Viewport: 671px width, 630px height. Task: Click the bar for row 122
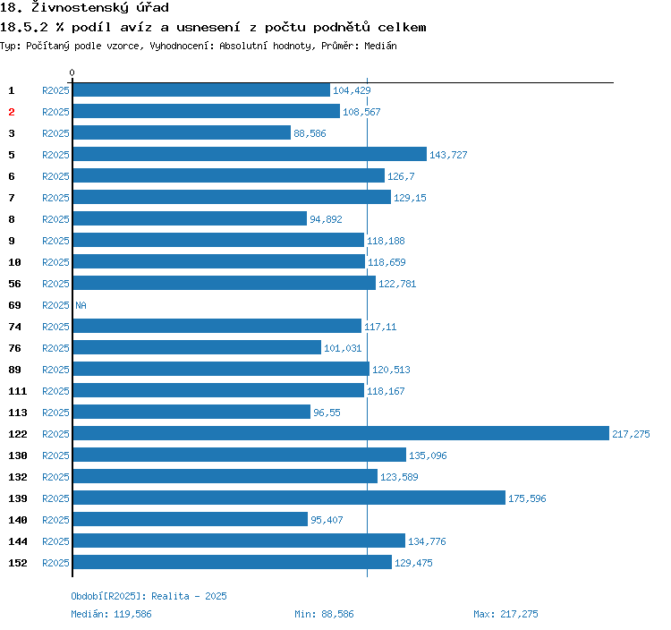click(340, 434)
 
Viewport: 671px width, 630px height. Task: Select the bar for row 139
click(288, 498)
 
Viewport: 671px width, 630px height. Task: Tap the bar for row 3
click(181, 133)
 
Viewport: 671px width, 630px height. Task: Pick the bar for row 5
click(249, 155)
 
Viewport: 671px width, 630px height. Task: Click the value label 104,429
click(352, 90)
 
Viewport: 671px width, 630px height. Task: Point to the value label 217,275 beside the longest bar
click(631, 434)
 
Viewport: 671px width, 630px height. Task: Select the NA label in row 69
click(81, 305)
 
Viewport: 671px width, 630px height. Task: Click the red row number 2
click(12, 112)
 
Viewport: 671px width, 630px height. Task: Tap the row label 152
click(18, 563)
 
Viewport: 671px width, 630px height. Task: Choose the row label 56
click(14, 284)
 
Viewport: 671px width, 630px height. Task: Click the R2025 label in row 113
click(55, 413)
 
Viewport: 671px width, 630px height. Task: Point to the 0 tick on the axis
click(72, 72)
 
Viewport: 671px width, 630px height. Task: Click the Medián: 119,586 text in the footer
click(111, 614)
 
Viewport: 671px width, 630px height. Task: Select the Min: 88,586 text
click(324, 614)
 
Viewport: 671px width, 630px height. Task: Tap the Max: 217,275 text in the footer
click(505, 614)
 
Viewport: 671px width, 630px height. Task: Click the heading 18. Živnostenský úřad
click(84, 7)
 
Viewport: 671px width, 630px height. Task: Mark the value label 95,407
click(327, 520)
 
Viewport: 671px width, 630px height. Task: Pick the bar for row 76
click(196, 348)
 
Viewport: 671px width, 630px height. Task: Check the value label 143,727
click(448, 155)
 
